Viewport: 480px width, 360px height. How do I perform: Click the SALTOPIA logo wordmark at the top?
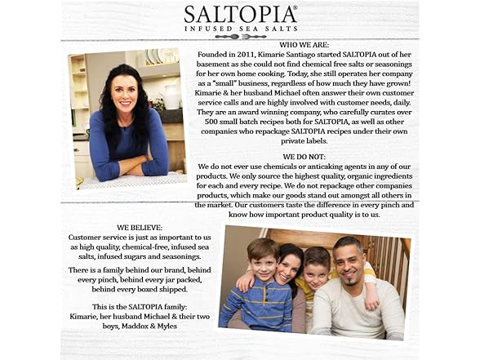pos(239,15)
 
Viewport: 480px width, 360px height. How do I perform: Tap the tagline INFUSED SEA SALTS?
pos(239,28)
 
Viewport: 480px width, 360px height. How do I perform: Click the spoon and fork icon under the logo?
pos(239,37)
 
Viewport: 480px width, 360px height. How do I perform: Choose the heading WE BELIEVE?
pos(140,228)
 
